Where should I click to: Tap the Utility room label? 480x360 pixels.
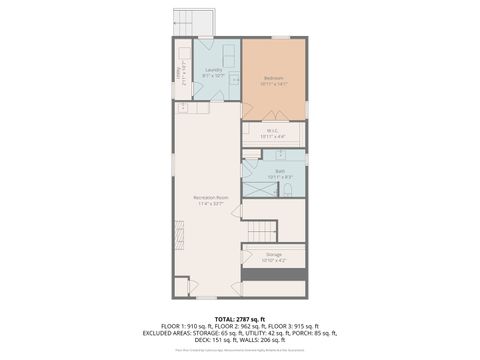coord(180,73)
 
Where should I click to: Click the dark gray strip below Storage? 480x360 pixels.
coord(274,272)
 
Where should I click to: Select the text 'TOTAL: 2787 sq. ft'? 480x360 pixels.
coord(240,317)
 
